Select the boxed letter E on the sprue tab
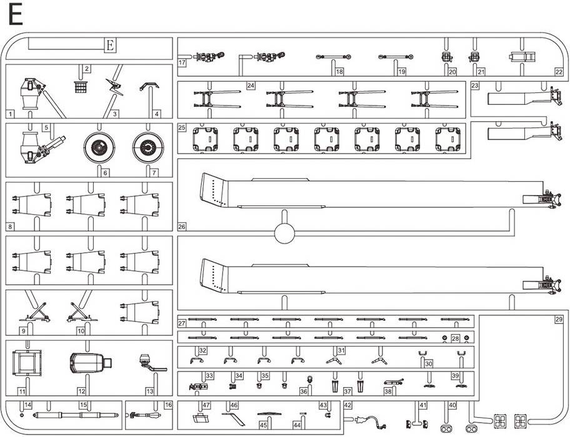(111, 46)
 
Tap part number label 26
(182, 227)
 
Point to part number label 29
(559, 320)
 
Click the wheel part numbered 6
(99, 147)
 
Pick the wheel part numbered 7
(148, 147)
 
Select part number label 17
(182, 62)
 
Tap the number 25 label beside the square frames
(182, 127)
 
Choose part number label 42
(348, 405)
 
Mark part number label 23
(475, 86)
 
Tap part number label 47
(206, 405)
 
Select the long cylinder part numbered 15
(76, 415)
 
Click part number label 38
(388, 391)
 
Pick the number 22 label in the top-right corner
(559, 72)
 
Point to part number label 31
(341, 350)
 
